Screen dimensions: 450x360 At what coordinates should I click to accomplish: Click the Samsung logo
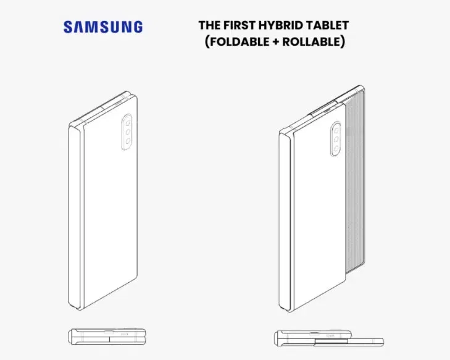(103, 27)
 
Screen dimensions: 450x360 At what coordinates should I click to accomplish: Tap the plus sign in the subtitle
(276, 42)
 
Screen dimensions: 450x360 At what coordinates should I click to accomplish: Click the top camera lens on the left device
(128, 123)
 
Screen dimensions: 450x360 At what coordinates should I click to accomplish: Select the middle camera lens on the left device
(128, 132)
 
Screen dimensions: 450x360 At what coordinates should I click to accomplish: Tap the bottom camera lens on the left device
(127, 141)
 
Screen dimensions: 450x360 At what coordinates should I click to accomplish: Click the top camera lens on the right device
(336, 131)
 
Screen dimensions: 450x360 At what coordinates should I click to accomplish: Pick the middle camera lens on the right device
(336, 140)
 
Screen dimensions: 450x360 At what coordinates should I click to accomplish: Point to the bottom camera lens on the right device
(336, 148)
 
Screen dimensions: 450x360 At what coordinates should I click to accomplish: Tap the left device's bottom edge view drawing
(107, 336)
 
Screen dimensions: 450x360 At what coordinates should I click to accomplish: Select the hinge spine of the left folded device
(76, 217)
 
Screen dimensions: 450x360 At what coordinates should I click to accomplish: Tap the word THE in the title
(209, 25)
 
